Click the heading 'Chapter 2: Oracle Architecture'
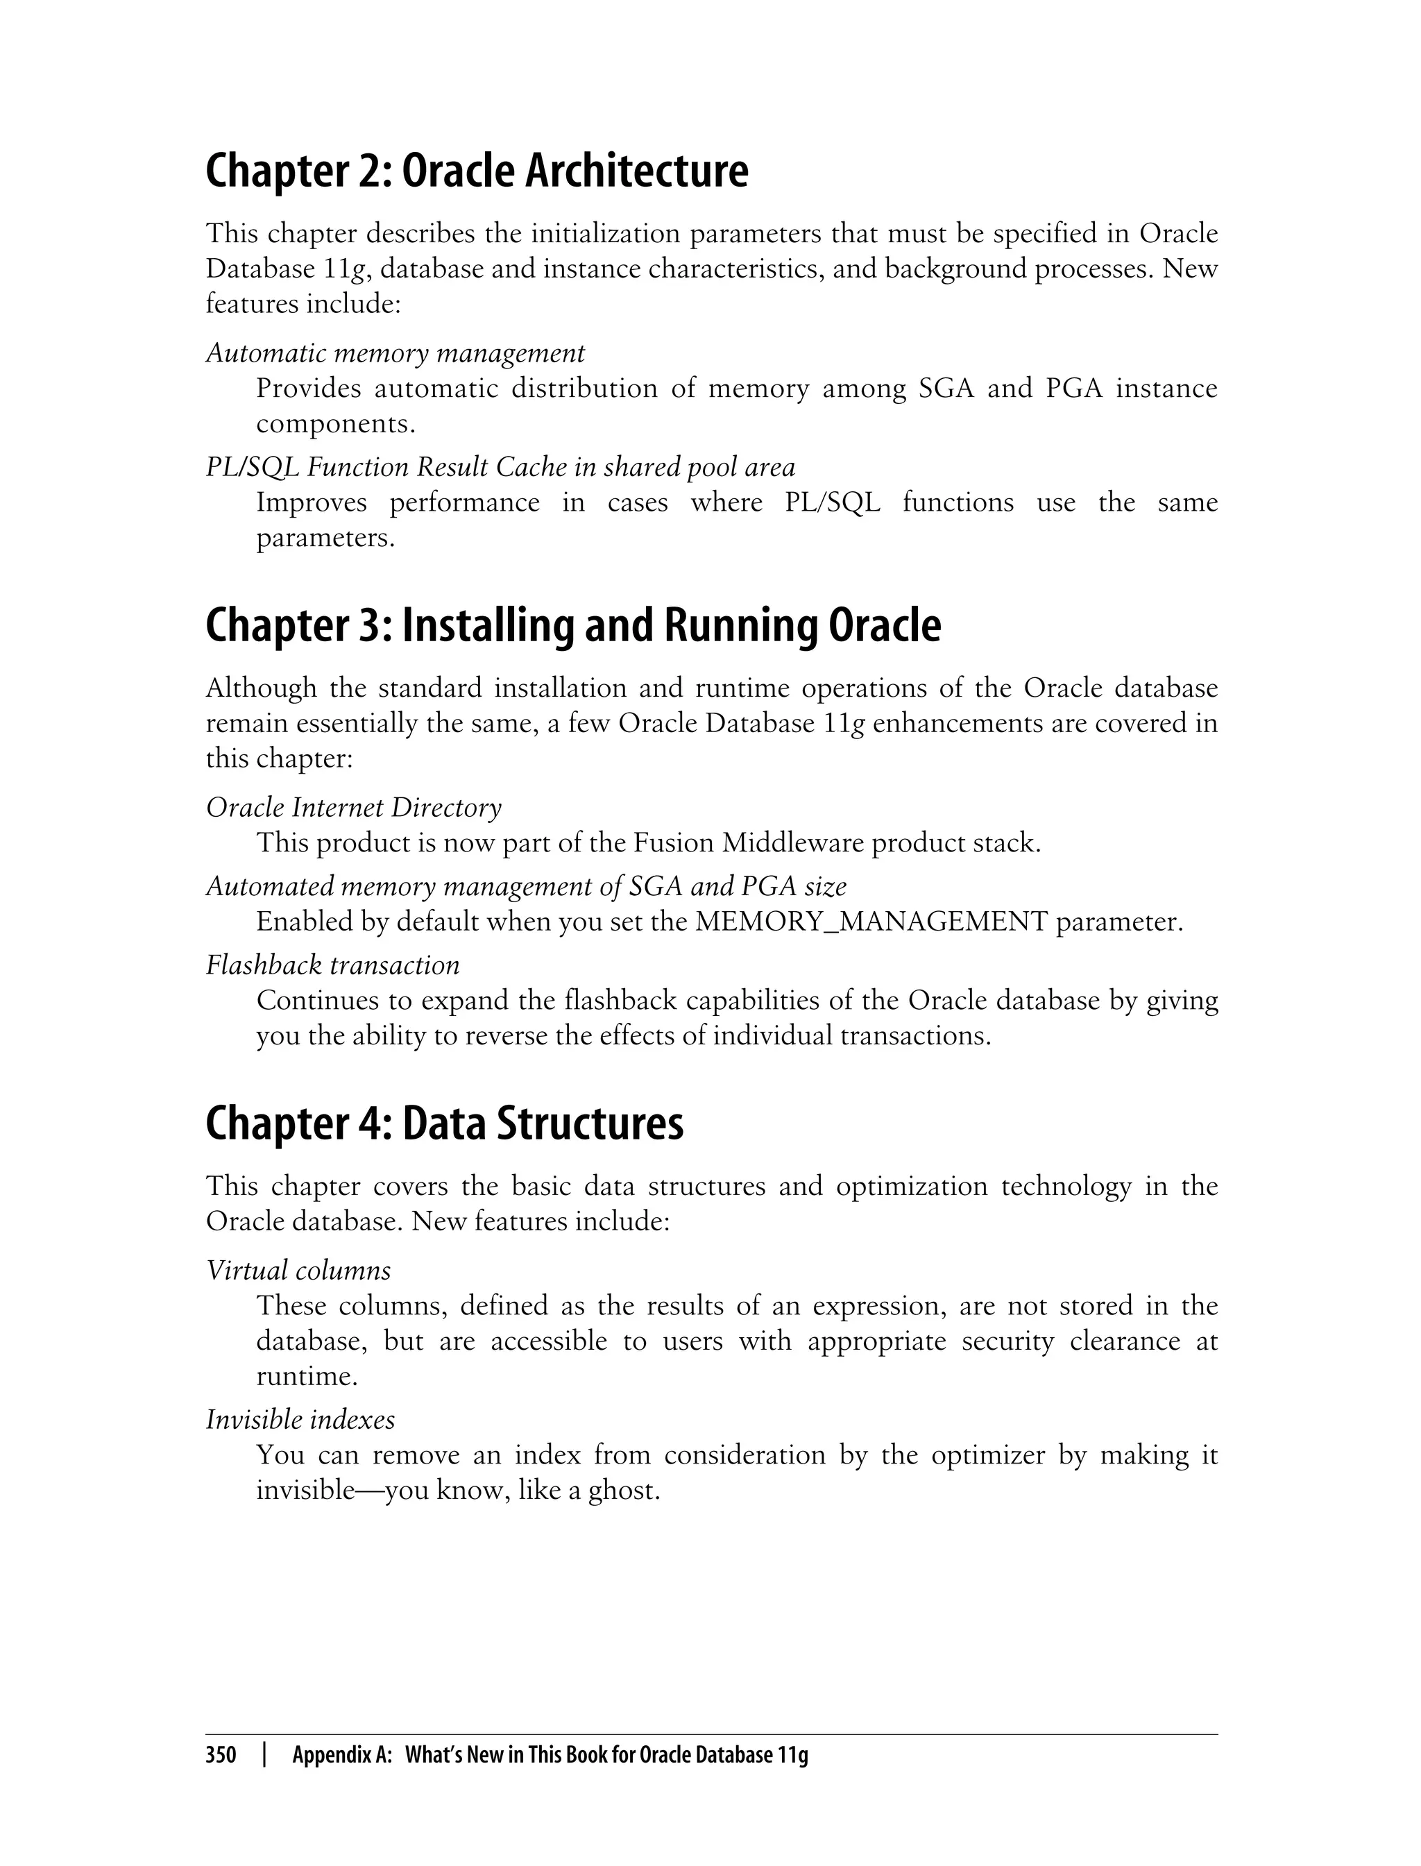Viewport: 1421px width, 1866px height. point(476,171)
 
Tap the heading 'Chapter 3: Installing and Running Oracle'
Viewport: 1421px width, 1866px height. point(572,627)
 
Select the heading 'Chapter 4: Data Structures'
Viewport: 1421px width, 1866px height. point(444,1124)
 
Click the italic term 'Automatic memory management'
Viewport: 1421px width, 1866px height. point(395,353)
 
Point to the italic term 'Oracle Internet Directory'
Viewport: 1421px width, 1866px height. point(354,808)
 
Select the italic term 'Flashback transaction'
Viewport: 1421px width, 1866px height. point(332,965)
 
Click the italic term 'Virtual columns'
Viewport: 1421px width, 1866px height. point(298,1271)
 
